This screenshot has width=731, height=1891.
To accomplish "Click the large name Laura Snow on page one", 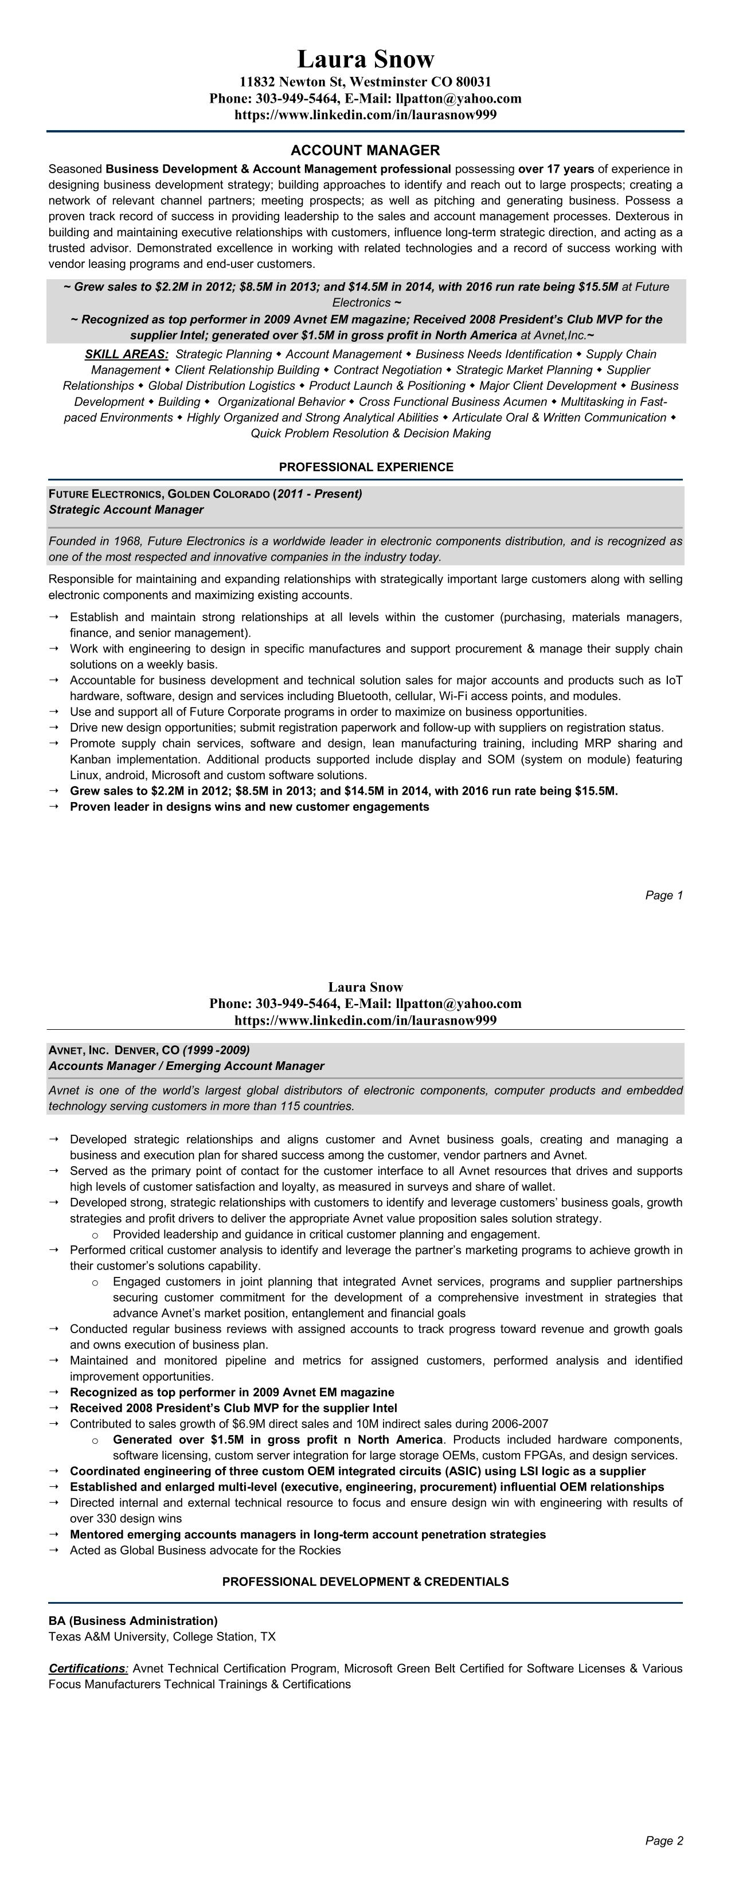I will [366, 58].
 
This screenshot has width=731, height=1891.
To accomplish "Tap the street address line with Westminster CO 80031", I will [366, 82].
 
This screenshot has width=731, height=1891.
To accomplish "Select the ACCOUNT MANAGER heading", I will [366, 150].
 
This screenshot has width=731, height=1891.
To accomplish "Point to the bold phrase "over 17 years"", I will [556, 169].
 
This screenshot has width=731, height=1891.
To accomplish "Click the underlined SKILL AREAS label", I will [126, 354].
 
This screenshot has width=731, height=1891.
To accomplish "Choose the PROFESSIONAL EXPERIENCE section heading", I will [366, 467].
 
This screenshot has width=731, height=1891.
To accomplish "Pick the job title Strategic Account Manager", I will [126, 510].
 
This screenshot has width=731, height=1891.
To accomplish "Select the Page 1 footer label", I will [663, 895].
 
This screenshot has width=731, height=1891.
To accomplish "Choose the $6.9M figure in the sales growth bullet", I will [237, 1423].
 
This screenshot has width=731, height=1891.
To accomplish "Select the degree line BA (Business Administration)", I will [133, 1620].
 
